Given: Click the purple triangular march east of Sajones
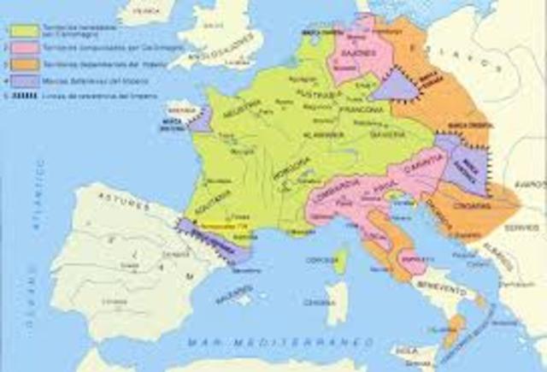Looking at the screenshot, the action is [x=393, y=84].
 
